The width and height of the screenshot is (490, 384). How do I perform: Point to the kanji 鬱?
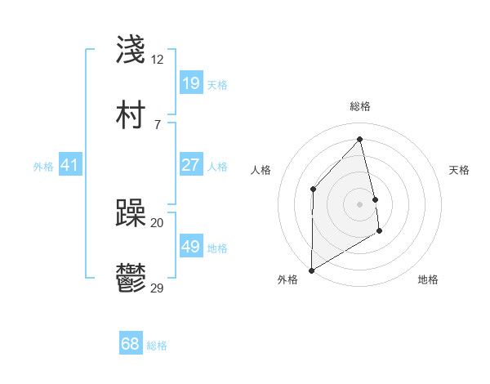[131, 279]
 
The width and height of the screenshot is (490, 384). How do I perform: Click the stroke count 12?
[158, 60]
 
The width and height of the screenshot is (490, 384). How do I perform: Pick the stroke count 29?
[158, 288]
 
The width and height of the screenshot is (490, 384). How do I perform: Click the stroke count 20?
[158, 223]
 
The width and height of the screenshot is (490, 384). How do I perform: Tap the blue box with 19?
[191, 83]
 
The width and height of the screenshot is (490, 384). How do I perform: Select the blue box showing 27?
[191, 165]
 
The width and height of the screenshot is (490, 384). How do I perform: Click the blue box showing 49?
[191, 247]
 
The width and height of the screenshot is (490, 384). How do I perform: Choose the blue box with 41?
[70, 166]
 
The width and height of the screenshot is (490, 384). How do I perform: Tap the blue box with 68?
[131, 344]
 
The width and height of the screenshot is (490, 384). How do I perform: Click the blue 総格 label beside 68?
[157, 346]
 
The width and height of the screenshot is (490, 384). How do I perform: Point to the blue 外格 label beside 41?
[43, 167]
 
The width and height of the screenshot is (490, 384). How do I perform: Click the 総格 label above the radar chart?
[360, 106]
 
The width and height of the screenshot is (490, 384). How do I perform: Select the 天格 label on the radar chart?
[460, 170]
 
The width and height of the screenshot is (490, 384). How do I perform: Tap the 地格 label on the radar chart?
[428, 279]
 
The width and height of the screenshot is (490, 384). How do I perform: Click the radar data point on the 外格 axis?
[311, 270]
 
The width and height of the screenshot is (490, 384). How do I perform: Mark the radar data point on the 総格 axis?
[360, 139]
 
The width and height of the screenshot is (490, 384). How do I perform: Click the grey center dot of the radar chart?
[360, 203]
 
